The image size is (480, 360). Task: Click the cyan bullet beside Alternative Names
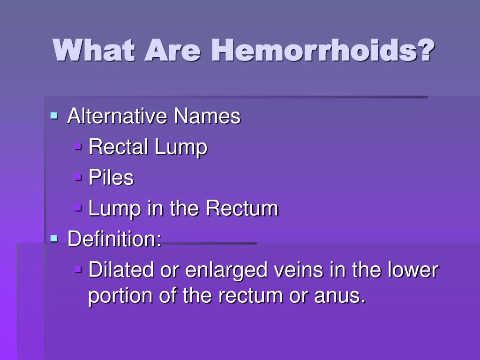pyautogui.click(x=54, y=115)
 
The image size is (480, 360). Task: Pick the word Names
pyautogui.click(x=207, y=116)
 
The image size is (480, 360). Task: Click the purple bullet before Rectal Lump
pyautogui.click(x=78, y=146)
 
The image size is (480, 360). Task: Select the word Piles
pyautogui.click(x=111, y=177)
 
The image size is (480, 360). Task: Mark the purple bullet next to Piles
pyautogui.click(x=78, y=177)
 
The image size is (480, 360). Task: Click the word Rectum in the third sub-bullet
pyautogui.click(x=242, y=208)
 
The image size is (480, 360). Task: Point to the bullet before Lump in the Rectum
pyautogui.click(x=78, y=208)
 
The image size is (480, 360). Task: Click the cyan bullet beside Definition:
pyautogui.click(x=54, y=238)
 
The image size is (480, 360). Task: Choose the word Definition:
pyautogui.click(x=114, y=239)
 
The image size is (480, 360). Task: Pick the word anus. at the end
pyautogui.click(x=339, y=296)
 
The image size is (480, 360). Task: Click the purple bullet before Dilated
pyautogui.click(x=78, y=269)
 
